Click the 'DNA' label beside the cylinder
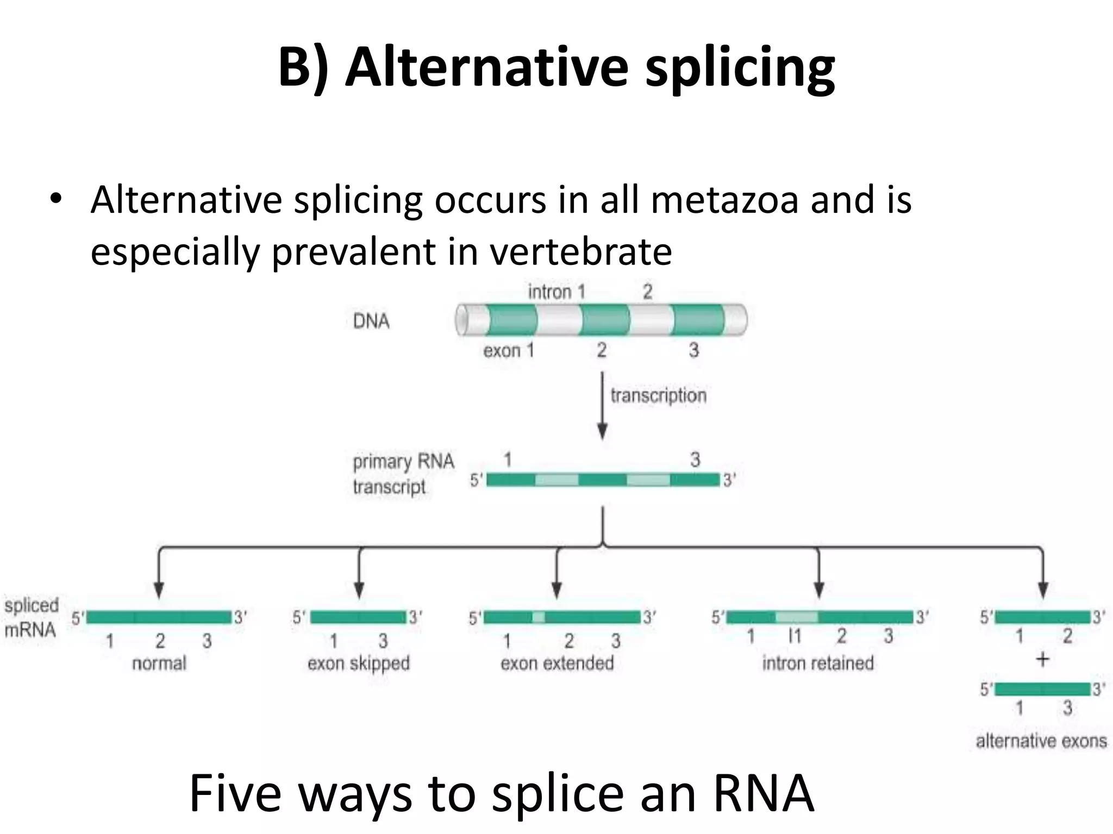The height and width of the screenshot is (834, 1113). tap(371, 321)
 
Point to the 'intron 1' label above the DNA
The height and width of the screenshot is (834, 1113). tap(556, 292)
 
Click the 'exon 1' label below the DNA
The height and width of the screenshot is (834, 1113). tap(509, 351)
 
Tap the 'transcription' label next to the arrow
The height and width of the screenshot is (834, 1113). tap(658, 395)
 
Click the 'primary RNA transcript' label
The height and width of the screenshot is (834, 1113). tap(403, 474)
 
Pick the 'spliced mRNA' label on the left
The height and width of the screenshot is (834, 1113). tap(31, 618)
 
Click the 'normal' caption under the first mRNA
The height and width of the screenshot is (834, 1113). tap(159, 664)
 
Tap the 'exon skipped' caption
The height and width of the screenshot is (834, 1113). tap(359, 664)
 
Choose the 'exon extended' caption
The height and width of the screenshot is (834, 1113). tap(557, 664)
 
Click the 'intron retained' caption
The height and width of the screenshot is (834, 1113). tap(818, 664)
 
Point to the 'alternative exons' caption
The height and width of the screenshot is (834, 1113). tap(1041, 741)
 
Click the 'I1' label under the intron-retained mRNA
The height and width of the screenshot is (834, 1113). tap(795, 636)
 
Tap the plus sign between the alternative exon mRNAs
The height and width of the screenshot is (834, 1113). tap(1042, 660)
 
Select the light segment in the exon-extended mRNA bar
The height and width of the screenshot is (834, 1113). tap(539, 617)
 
